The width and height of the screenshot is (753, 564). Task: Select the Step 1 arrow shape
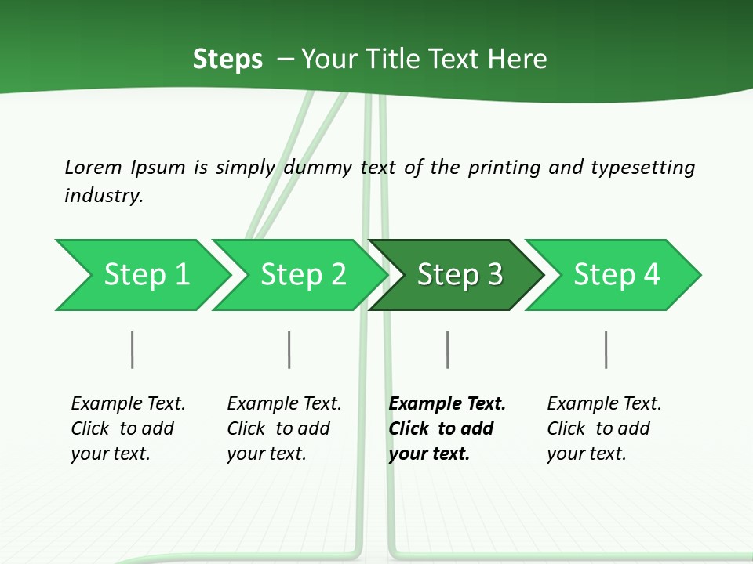(143, 275)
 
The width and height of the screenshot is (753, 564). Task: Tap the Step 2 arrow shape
(300, 275)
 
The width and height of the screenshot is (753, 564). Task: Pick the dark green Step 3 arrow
(457, 275)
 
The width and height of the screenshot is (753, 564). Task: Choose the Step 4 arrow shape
(613, 275)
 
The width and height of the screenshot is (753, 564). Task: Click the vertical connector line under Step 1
(132, 349)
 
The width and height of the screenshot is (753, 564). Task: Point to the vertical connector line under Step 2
(289, 349)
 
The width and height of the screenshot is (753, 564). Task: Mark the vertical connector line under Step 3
(448, 349)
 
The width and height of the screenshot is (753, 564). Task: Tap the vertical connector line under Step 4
(606, 349)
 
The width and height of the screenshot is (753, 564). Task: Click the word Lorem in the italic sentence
(93, 168)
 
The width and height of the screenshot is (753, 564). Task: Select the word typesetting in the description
(643, 168)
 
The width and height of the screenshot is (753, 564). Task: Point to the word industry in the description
(104, 196)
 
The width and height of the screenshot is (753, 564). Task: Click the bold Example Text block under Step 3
(447, 428)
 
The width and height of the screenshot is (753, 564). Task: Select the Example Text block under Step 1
(128, 428)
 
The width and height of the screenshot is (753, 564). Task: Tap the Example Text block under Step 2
(284, 428)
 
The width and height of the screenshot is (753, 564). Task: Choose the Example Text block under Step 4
(604, 428)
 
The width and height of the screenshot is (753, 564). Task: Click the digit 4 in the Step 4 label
(651, 274)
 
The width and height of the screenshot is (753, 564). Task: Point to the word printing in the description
(504, 168)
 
